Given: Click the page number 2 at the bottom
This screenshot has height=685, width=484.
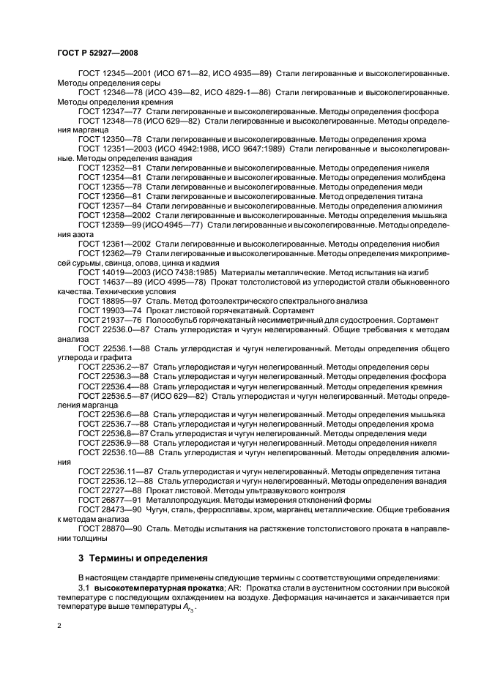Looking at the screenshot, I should [59, 626].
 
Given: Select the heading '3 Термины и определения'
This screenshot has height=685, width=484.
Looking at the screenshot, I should [143, 557].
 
